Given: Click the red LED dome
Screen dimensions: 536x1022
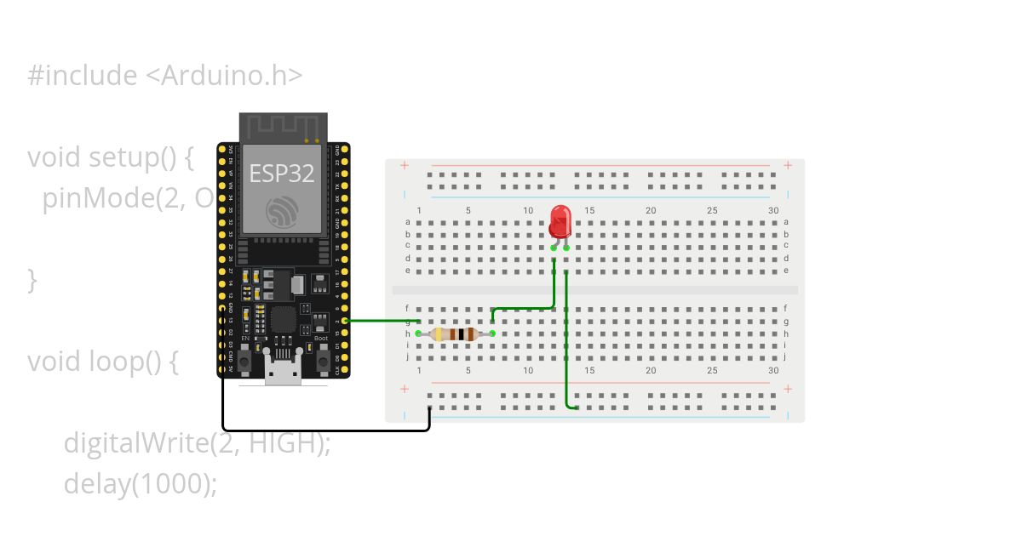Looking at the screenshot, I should click(x=560, y=220).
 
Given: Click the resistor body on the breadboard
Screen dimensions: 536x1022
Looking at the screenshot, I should click(x=454, y=334).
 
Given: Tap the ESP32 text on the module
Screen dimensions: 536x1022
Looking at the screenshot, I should click(x=281, y=174).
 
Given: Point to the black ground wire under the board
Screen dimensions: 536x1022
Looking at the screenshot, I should click(x=324, y=430).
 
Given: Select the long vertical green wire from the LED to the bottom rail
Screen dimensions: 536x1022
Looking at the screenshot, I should click(x=566, y=340).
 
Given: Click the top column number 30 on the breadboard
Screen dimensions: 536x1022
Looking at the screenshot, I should click(x=773, y=211).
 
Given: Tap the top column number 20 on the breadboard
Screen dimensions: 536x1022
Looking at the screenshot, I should click(x=651, y=211).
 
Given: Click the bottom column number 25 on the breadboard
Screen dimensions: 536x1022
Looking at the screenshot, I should click(x=712, y=371).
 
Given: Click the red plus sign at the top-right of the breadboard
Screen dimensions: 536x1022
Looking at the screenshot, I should click(x=788, y=165).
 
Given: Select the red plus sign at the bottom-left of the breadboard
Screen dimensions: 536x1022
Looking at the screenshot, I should click(x=403, y=389).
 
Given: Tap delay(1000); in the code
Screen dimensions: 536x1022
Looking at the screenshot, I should click(x=141, y=483).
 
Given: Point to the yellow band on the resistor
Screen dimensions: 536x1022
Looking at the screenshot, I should click(x=439, y=334).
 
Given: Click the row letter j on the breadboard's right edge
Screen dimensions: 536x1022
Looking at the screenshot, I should click(x=785, y=357).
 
